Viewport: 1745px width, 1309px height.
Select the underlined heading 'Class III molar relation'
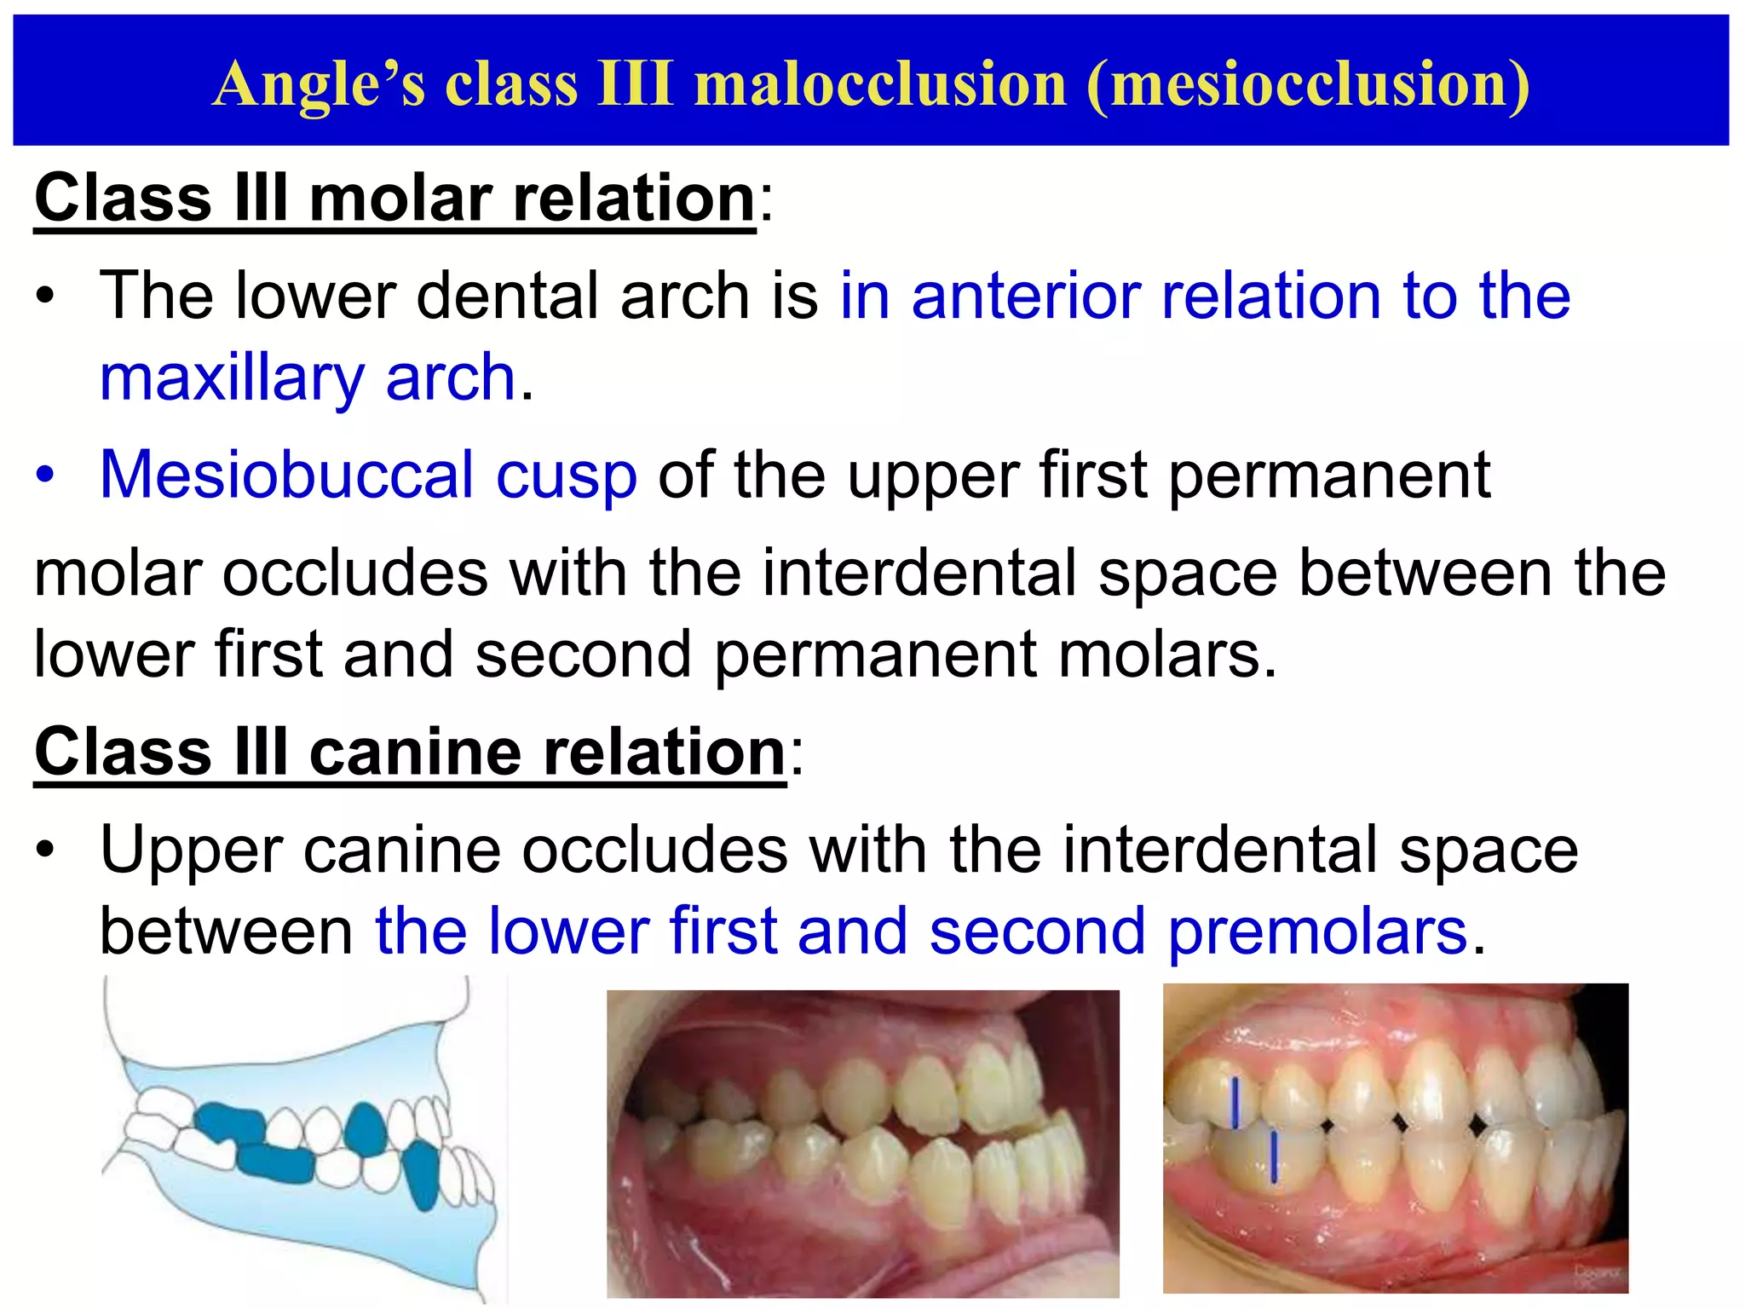point(395,198)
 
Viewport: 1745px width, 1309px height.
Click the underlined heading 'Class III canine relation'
point(410,752)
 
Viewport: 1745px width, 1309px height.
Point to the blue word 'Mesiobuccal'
point(286,475)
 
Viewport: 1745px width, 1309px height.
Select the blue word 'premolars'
point(1317,931)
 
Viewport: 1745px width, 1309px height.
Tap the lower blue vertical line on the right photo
point(1274,1156)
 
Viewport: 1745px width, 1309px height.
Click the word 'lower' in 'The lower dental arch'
point(314,296)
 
